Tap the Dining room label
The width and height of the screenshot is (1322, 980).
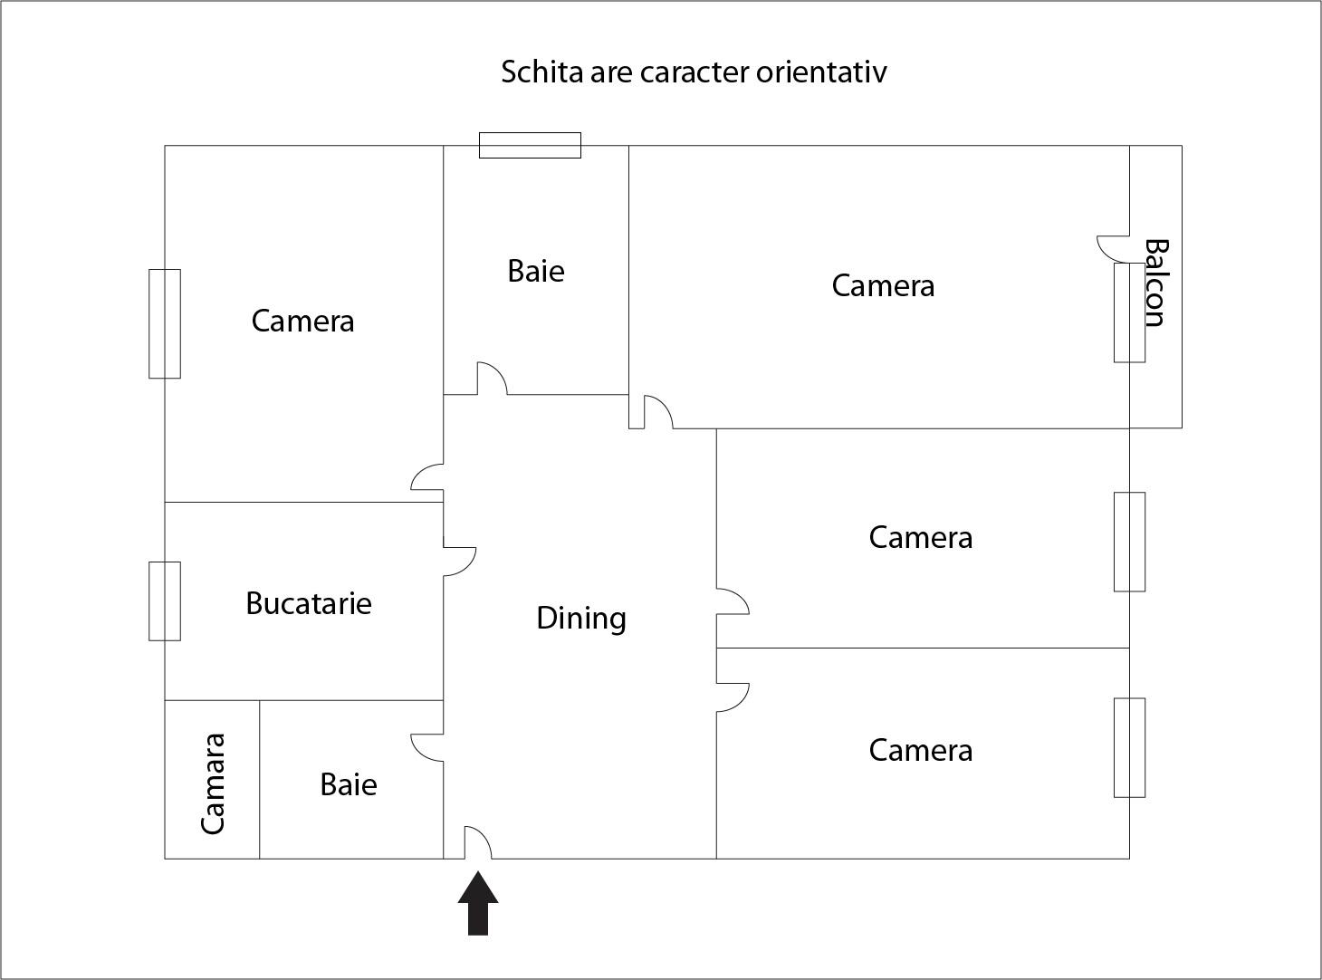pyautogui.click(x=581, y=619)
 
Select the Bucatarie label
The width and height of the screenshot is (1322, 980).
pyautogui.click(x=309, y=604)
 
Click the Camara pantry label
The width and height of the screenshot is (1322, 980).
pyautogui.click(x=213, y=783)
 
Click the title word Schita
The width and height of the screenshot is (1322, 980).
pyautogui.click(x=541, y=72)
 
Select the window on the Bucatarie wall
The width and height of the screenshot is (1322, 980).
pyautogui.click(x=165, y=601)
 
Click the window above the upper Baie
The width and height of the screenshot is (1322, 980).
pyautogui.click(x=530, y=145)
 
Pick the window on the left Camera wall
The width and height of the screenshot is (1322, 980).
pyautogui.click(x=165, y=323)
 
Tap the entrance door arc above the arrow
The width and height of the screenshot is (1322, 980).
pyautogui.click(x=478, y=843)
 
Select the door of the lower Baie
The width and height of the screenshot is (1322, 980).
pyautogui.click(x=427, y=747)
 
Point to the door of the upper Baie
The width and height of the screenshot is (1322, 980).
pyautogui.click(x=492, y=379)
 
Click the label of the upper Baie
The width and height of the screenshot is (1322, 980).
pyautogui.click(x=536, y=272)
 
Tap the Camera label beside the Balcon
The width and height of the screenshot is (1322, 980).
pyautogui.click(x=883, y=286)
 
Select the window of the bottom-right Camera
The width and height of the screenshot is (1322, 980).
pyautogui.click(x=1129, y=747)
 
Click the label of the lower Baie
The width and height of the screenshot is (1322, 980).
pyautogui.click(x=349, y=784)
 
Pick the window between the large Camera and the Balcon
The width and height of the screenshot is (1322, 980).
pyautogui.click(x=1129, y=312)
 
